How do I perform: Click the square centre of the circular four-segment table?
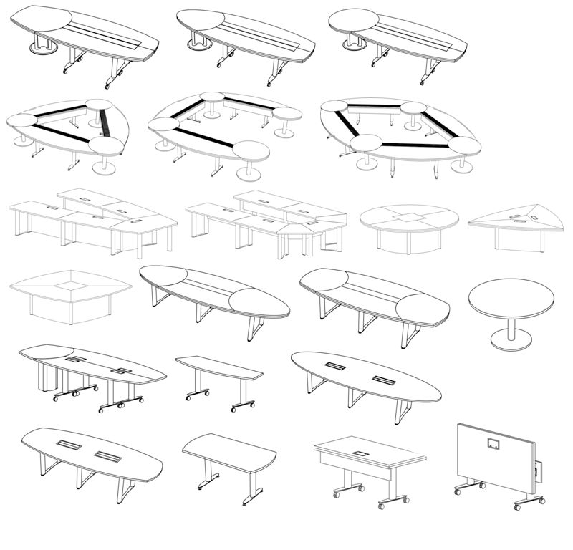pos(409,217)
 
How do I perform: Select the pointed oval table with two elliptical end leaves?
pos(215,294)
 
